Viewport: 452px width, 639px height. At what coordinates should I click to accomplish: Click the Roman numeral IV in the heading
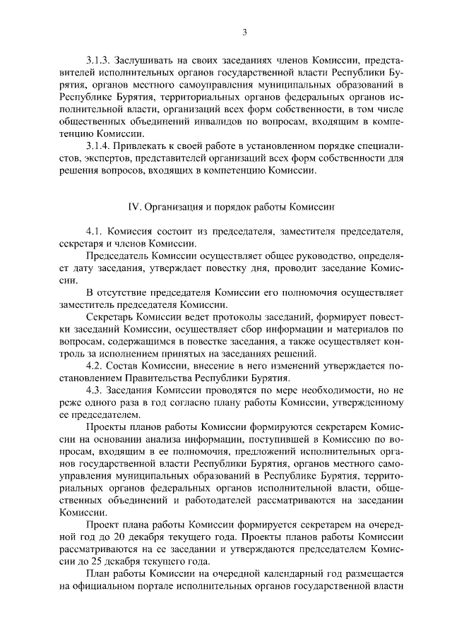pos(134,207)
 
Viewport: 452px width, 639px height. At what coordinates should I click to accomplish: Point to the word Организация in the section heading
pos(173,207)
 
